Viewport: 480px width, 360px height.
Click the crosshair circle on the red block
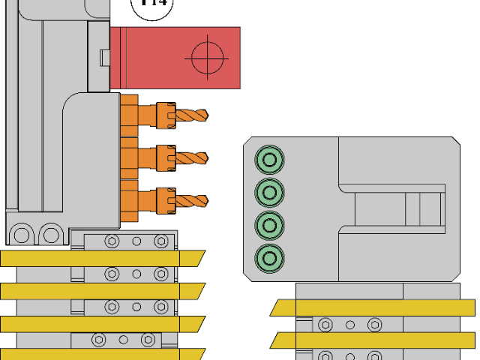tap(208, 58)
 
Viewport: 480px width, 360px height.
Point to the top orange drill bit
tap(191, 115)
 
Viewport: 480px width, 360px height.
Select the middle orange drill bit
tap(191, 158)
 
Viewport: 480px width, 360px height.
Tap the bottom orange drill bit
tap(191, 201)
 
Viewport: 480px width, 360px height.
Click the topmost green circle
tap(269, 159)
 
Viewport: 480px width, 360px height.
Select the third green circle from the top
tap(269, 224)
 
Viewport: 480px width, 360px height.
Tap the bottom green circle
tap(269, 258)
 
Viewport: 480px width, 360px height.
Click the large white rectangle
tap(370, 81)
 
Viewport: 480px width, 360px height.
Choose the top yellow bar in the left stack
tap(101, 259)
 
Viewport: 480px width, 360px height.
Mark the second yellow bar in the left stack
tap(101, 291)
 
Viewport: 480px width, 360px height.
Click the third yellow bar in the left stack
tap(101, 324)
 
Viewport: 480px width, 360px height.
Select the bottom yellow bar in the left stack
tap(101, 355)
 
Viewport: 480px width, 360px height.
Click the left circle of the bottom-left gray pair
tap(22, 235)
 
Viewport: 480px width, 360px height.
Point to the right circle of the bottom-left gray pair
tap(51, 235)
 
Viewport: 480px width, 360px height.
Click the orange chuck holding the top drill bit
tap(165, 115)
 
